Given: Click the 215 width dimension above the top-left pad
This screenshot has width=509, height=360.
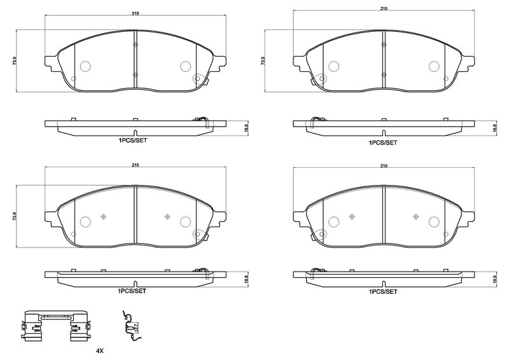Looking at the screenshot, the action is (136, 13).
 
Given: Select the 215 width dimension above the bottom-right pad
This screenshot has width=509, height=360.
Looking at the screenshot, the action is (384, 165).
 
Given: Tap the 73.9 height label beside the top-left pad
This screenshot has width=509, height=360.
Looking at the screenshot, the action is (14, 60).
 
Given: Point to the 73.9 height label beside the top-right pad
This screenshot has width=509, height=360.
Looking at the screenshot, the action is (263, 60).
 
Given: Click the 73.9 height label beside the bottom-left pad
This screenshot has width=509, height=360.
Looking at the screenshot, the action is (14, 216).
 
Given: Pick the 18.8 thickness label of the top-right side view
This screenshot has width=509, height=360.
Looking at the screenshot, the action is (495, 128).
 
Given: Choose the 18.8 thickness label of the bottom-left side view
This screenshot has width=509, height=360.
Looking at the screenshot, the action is (246, 279).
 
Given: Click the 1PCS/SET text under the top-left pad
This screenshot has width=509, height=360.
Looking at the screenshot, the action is (132, 141).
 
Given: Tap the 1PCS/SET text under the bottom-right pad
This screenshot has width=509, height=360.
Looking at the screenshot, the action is (383, 291).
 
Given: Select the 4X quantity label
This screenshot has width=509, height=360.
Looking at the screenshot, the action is (100, 350).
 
